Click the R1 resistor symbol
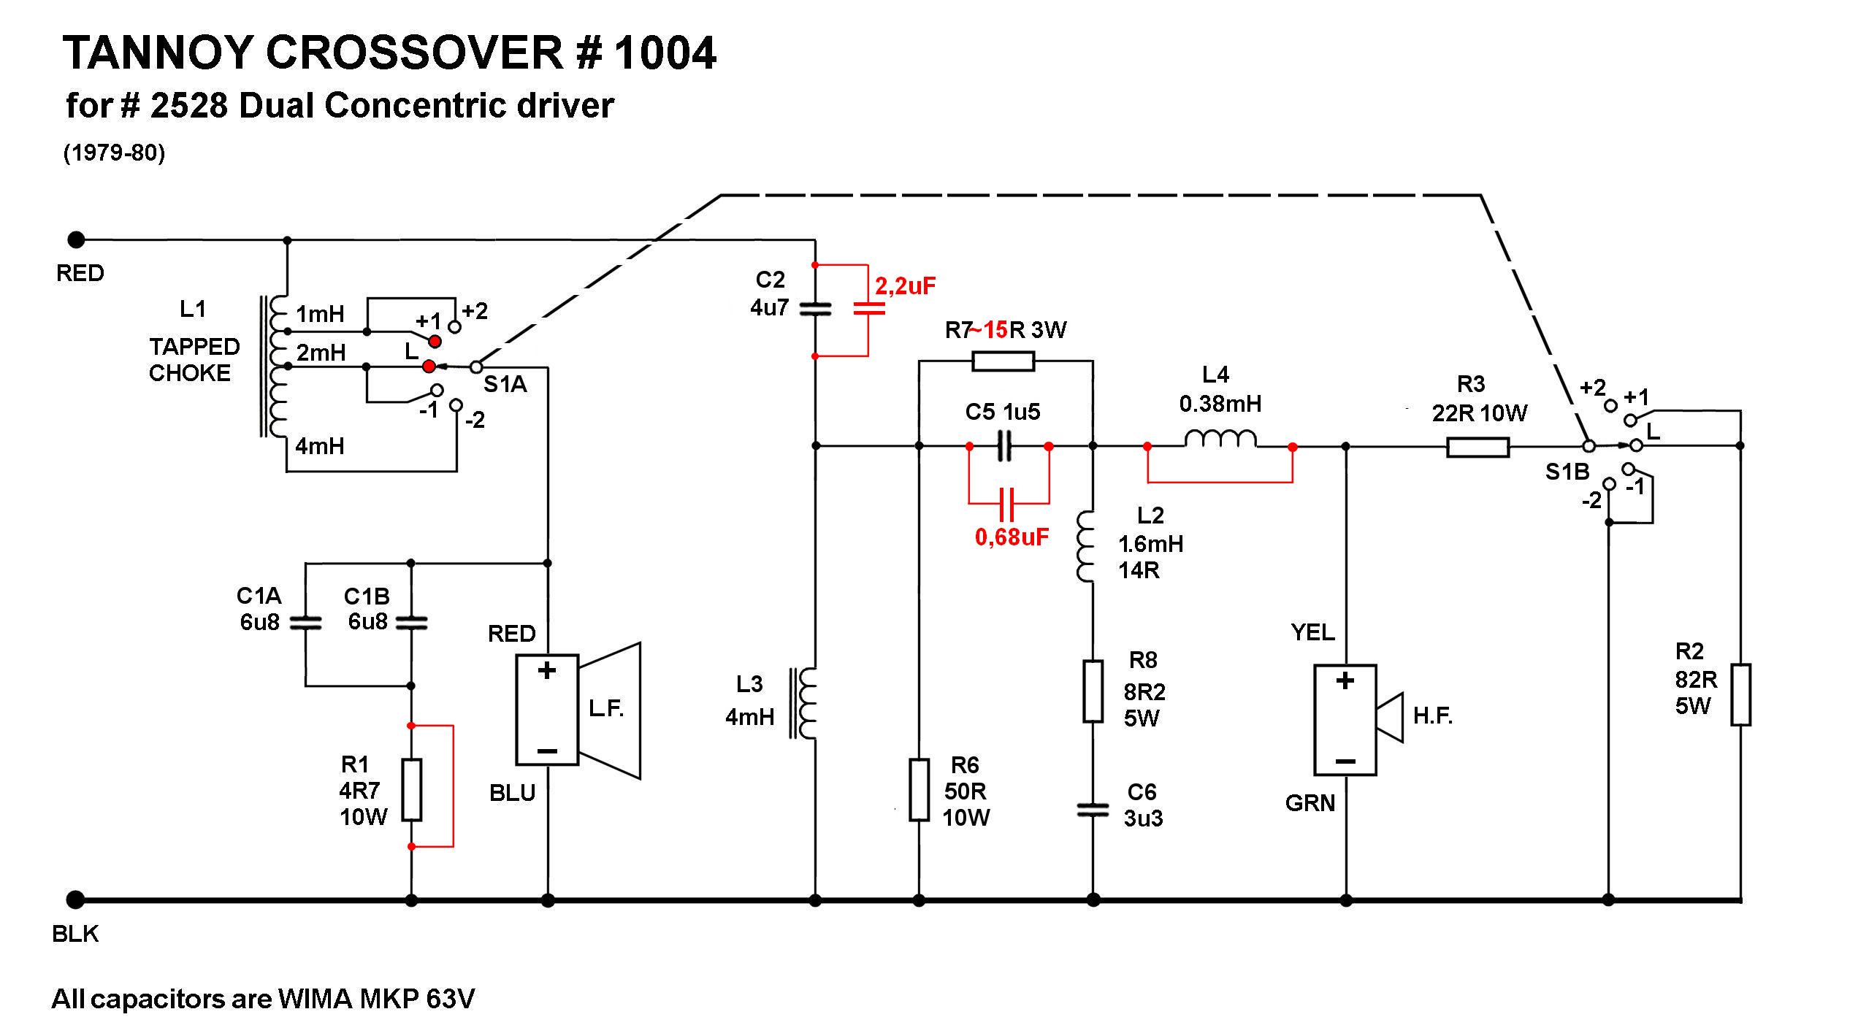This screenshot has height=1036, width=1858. coord(412,789)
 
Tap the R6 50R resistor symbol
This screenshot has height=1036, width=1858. coord(919,789)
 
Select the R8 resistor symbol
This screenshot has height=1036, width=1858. coord(1093,691)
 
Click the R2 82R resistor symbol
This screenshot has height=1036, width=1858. coord(1741,694)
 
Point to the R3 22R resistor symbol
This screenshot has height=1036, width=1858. coord(1477,447)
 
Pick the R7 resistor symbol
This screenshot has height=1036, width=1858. coord(1003,361)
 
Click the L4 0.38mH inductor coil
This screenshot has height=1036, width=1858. coord(1220,440)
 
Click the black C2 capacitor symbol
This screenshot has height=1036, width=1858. coord(815,310)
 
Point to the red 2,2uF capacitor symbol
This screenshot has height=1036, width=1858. coord(868,310)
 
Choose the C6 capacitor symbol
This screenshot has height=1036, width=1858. coord(1093,809)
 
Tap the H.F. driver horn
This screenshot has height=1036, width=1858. coord(1390,717)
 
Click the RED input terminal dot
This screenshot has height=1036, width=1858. coord(76,239)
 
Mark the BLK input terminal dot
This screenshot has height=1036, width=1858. coord(75,899)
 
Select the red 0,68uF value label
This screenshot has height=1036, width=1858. coord(1012,537)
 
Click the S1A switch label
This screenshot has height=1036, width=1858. coord(505,384)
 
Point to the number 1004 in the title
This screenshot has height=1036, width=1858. coord(665,53)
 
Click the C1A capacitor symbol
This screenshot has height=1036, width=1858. coord(305,623)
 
